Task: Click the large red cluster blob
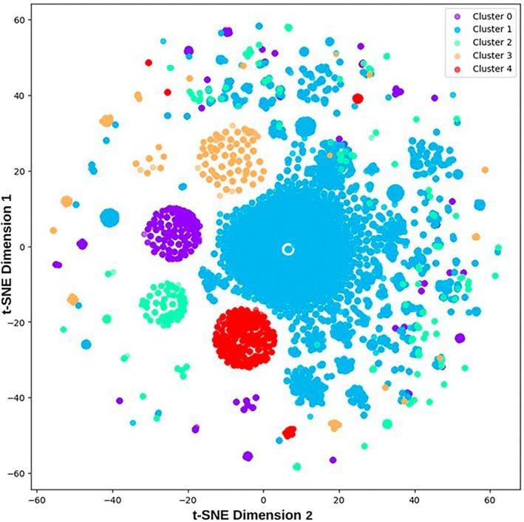(x=245, y=337)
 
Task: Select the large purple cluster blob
(x=174, y=234)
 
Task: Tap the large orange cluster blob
(x=230, y=158)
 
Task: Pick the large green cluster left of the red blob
(x=163, y=303)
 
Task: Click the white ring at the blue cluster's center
(x=288, y=249)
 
